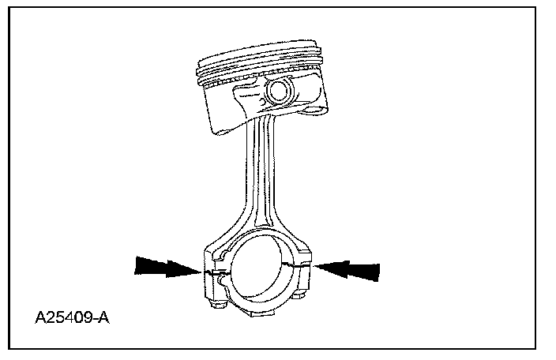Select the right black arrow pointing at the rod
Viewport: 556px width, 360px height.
pyautogui.click(x=347, y=268)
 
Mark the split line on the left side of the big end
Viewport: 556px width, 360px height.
pyautogui.click(x=209, y=272)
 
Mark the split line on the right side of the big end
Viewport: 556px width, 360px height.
pyautogui.click(x=308, y=266)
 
